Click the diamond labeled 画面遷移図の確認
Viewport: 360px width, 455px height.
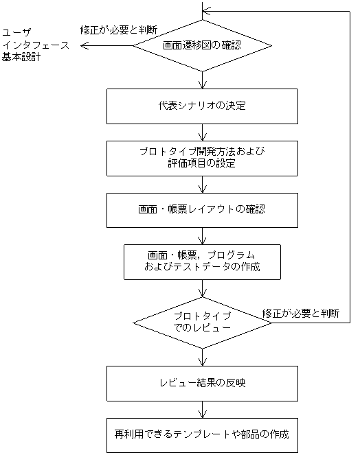point(202,46)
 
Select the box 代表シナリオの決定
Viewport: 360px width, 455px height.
point(202,106)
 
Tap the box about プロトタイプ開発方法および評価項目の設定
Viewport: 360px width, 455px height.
point(202,158)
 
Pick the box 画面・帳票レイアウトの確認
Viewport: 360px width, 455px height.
point(202,209)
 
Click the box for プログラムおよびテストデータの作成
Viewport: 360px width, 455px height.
point(202,261)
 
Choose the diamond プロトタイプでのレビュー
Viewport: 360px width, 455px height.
point(202,322)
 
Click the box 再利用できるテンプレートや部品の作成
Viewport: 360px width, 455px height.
point(202,434)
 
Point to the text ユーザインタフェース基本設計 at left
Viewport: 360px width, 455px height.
point(31,45)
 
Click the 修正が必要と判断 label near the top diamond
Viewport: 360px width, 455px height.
point(119,30)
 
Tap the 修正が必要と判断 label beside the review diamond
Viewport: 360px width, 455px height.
point(301,313)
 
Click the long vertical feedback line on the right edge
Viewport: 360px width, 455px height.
point(350,165)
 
